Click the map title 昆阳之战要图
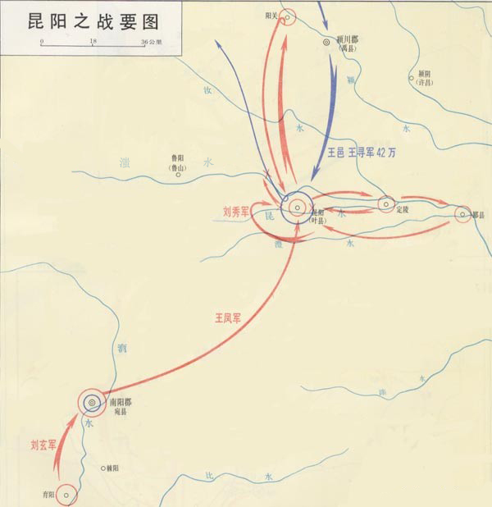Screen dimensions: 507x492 pos(61,17)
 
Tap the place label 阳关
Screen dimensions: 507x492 pos(272,15)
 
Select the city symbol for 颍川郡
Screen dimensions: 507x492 pos(327,40)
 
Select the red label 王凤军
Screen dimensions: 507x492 pos(229,317)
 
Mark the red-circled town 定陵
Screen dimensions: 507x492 pos(386,203)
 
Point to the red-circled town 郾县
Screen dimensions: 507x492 pos(463,214)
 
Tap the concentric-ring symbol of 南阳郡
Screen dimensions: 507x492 pos(92,403)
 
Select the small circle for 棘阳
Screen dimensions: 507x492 pos(103,468)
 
